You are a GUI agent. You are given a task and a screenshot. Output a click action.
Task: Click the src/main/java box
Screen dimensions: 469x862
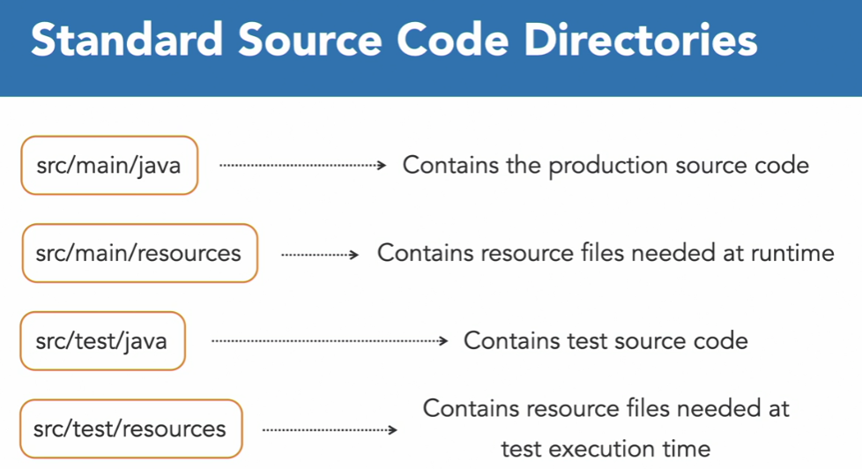point(109,165)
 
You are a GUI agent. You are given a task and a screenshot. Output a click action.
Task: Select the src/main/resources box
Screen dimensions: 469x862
point(139,253)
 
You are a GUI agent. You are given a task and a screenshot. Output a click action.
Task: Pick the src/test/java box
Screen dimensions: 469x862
point(102,341)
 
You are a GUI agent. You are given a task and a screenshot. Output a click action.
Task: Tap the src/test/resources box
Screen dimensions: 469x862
point(130,429)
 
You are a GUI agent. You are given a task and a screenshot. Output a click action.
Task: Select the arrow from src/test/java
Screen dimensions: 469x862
point(331,341)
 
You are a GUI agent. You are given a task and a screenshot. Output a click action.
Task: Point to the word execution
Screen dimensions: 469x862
point(602,449)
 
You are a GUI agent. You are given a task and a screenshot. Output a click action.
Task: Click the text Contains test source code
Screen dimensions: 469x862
point(606,341)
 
